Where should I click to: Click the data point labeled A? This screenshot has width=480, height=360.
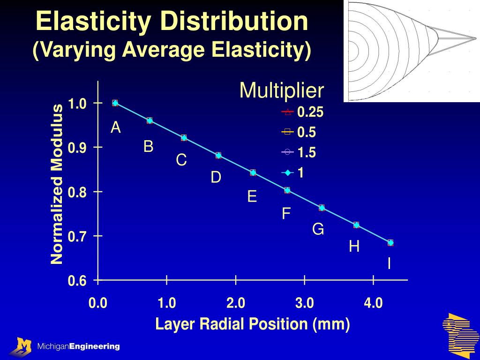pyautogui.click(x=115, y=103)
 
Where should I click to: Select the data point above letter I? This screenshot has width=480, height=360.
pyautogui.click(x=390, y=242)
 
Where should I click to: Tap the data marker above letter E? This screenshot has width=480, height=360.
pyautogui.click(x=253, y=172)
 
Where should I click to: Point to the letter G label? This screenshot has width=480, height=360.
pyautogui.click(x=318, y=229)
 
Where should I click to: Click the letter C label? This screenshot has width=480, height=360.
pyautogui.click(x=181, y=160)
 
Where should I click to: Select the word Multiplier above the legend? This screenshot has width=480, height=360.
pyautogui.click(x=282, y=90)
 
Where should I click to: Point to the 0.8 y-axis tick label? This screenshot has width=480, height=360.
pyautogui.click(x=77, y=192)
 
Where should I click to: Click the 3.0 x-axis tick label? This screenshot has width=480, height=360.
pyautogui.click(x=304, y=303)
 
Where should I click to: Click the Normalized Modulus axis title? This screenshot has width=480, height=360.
pyautogui.click(x=57, y=184)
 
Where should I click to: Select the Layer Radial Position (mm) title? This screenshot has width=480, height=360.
pyautogui.click(x=253, y=324)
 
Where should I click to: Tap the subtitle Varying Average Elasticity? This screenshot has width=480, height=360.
pyautogui.click(x=172, y=50)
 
